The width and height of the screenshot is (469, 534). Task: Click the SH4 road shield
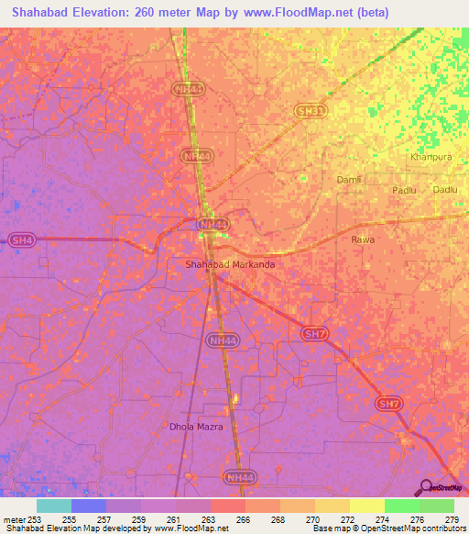20,240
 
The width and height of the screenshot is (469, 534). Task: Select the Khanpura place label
427,157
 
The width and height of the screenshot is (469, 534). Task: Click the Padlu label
404,190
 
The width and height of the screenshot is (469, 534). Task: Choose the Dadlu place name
445,189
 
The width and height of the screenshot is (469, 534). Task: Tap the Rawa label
363,239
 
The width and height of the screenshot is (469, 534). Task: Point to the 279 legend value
452,518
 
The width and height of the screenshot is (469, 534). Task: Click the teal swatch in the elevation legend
54,506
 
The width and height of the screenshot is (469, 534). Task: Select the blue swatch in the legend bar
89,506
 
